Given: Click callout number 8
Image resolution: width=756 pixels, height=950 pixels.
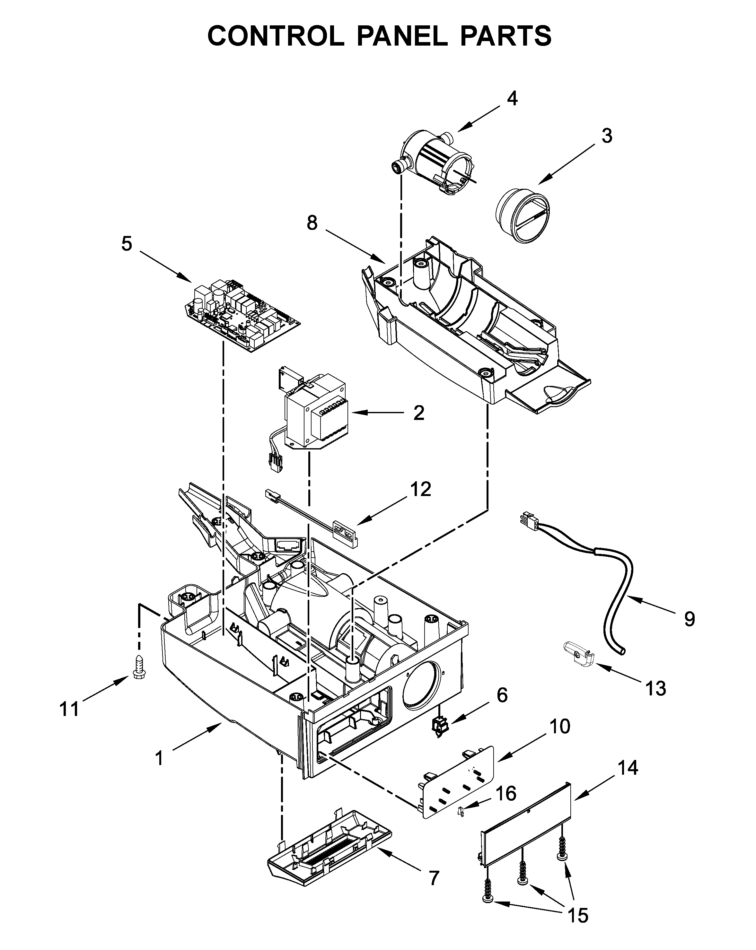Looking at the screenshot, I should (312, 223).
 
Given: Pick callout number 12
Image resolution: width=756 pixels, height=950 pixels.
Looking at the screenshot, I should (420, 489).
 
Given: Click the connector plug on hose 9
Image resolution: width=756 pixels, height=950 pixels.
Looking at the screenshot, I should (529, 519).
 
